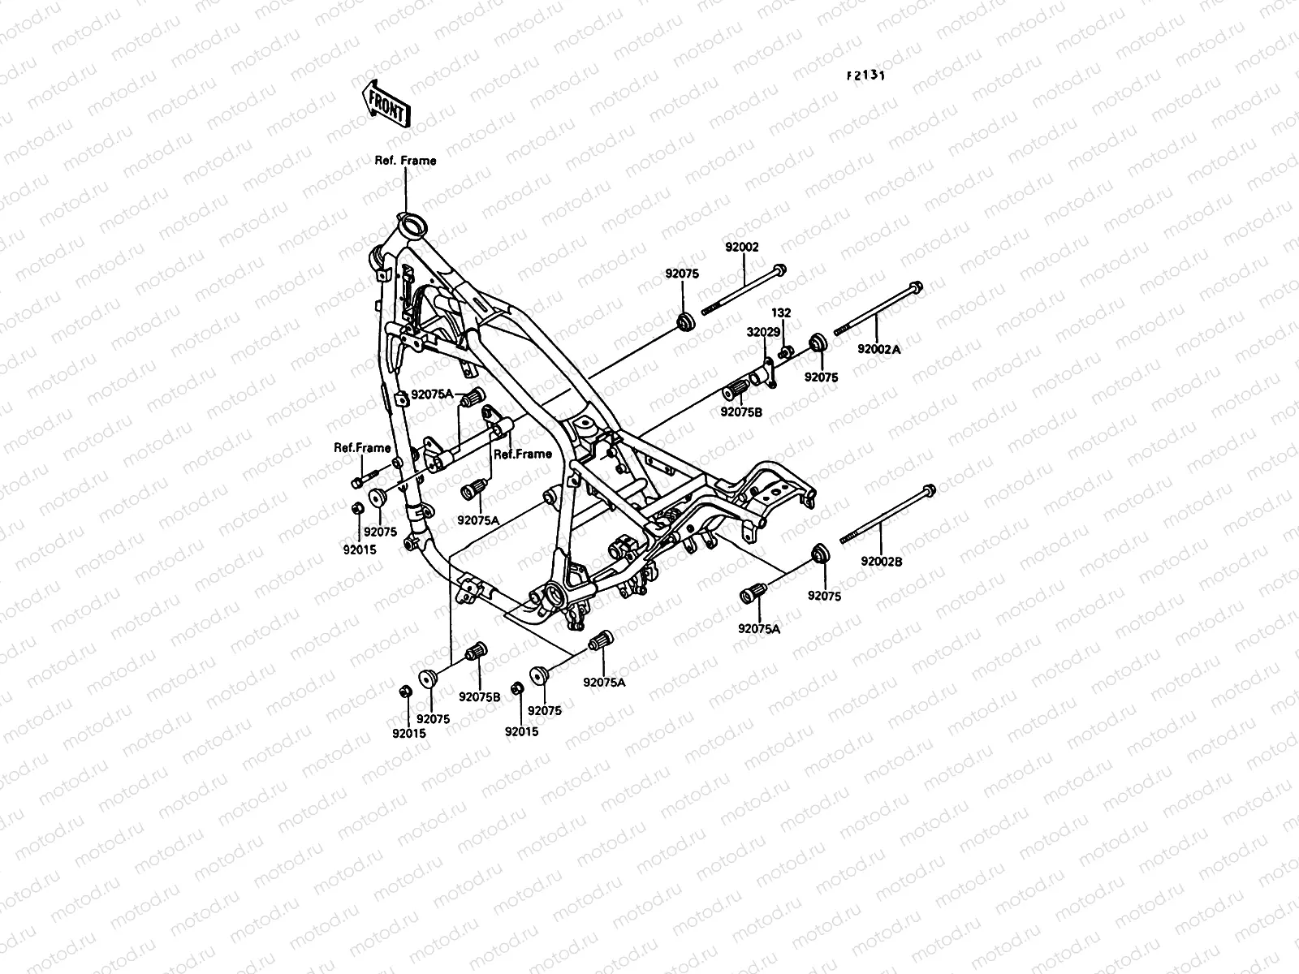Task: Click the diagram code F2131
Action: (x=865, y=75)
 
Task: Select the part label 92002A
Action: (x=879, y=349)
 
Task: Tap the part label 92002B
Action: (x=882, y=560)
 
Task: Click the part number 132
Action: (x=781, y=312)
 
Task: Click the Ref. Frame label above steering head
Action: (x=405, y=161)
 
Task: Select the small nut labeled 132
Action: (x=785, y=352)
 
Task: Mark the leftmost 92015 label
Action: (x=359, y=547)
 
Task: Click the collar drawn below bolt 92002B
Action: (x=820, y=554)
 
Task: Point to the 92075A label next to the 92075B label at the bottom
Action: (x=604, y=682)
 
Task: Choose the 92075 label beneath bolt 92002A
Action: (x=822, y=377)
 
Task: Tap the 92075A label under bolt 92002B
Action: (x=760, y=628)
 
